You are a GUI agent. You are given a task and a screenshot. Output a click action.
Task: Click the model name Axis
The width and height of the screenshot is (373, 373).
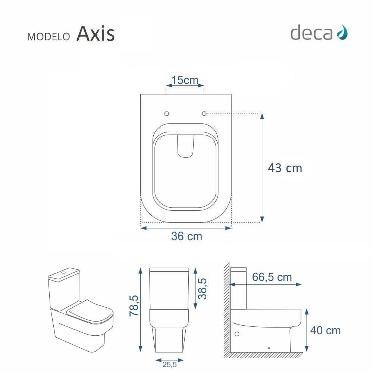pyautogui.click(x=95, y=34)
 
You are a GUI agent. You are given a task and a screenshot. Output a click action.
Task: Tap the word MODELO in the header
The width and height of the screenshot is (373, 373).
pyautogui.click(x=48, y=37)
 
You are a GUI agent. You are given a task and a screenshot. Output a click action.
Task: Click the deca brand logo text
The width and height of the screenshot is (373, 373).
pyautogui.click(x=311, y=33)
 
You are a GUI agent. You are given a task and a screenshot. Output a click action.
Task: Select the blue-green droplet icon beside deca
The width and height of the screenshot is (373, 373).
pyautogui.click(x=342, y=33)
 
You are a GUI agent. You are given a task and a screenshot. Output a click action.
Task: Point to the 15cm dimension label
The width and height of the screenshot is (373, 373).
pyautogui.click(x=185, y=80)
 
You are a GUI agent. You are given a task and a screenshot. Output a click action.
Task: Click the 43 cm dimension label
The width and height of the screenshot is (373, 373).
pyautogui.click(x=285, y=168)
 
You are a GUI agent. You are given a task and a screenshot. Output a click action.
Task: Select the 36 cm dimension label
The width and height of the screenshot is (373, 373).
pyautogui.click(x=186, y=236)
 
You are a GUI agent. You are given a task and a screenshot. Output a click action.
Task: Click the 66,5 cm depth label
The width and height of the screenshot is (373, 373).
pyautogui.click(x=272, y=277)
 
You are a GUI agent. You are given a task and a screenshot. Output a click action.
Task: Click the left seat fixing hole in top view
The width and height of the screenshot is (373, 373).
pyautogui.click(x=167, y=113)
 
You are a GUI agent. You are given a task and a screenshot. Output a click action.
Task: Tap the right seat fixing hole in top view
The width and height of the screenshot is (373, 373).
pyautogui.click(x=204, y=113)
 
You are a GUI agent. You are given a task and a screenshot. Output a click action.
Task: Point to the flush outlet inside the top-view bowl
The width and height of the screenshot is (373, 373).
pyautogui.click(x=185, y=146)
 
